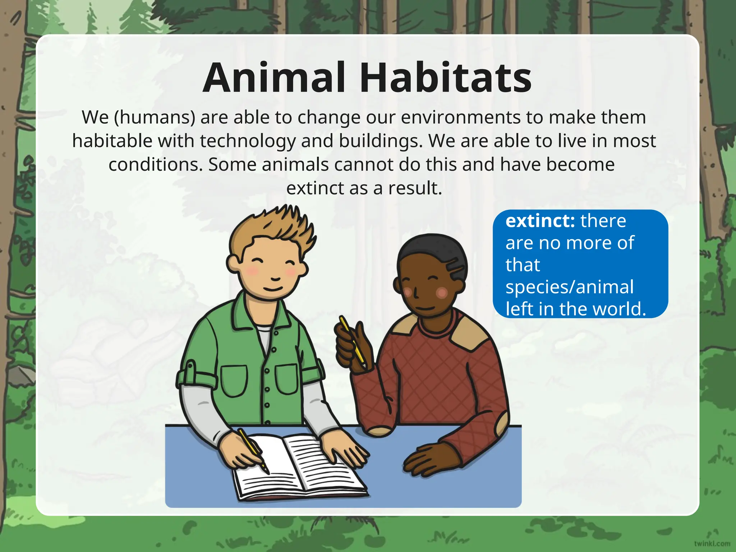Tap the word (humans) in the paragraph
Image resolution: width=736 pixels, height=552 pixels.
155,118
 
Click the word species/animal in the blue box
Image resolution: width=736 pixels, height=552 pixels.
569,287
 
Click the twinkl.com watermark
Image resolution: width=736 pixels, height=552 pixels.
712,543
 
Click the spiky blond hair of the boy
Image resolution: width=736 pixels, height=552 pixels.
277,226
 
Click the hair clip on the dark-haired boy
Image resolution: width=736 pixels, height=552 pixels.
455,266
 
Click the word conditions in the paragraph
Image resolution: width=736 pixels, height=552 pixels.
156,165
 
